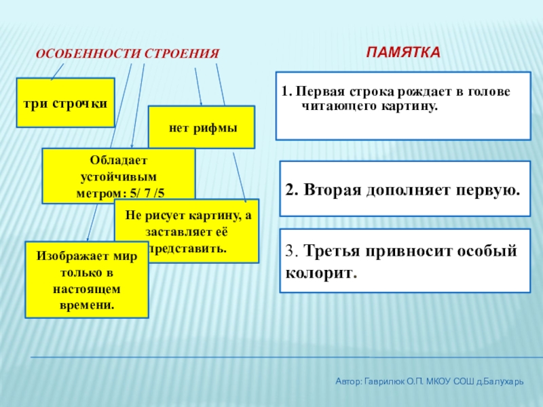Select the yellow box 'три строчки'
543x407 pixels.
pos(65,102)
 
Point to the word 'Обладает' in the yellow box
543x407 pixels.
pos(118,158)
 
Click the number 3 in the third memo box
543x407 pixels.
pos(290,252)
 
